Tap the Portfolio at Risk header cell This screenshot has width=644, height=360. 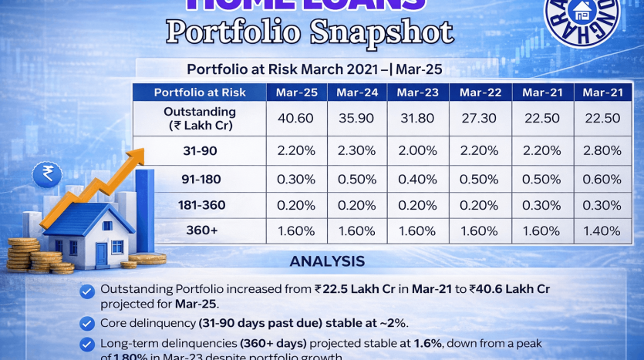pyautogui.click(x=200, y=93)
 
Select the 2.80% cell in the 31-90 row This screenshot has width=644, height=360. pyautogui.click(x=601, y=151)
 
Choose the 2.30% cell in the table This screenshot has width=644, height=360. pyautogui.click(x=357, y=151)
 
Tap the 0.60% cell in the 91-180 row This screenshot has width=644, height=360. pyautogui.click(x=601, y=180)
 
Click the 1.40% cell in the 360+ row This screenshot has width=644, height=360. pyautogui.click(x=601, y=230)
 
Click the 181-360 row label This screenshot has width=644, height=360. pyautogui.click(x=200, y=205)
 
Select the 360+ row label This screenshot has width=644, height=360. pyautogui.click(x=200, y=230)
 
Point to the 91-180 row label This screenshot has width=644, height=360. pyautogui.click(x=200, y=180)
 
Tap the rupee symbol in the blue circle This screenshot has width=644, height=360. pyautogui.click(x=48, y=174)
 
